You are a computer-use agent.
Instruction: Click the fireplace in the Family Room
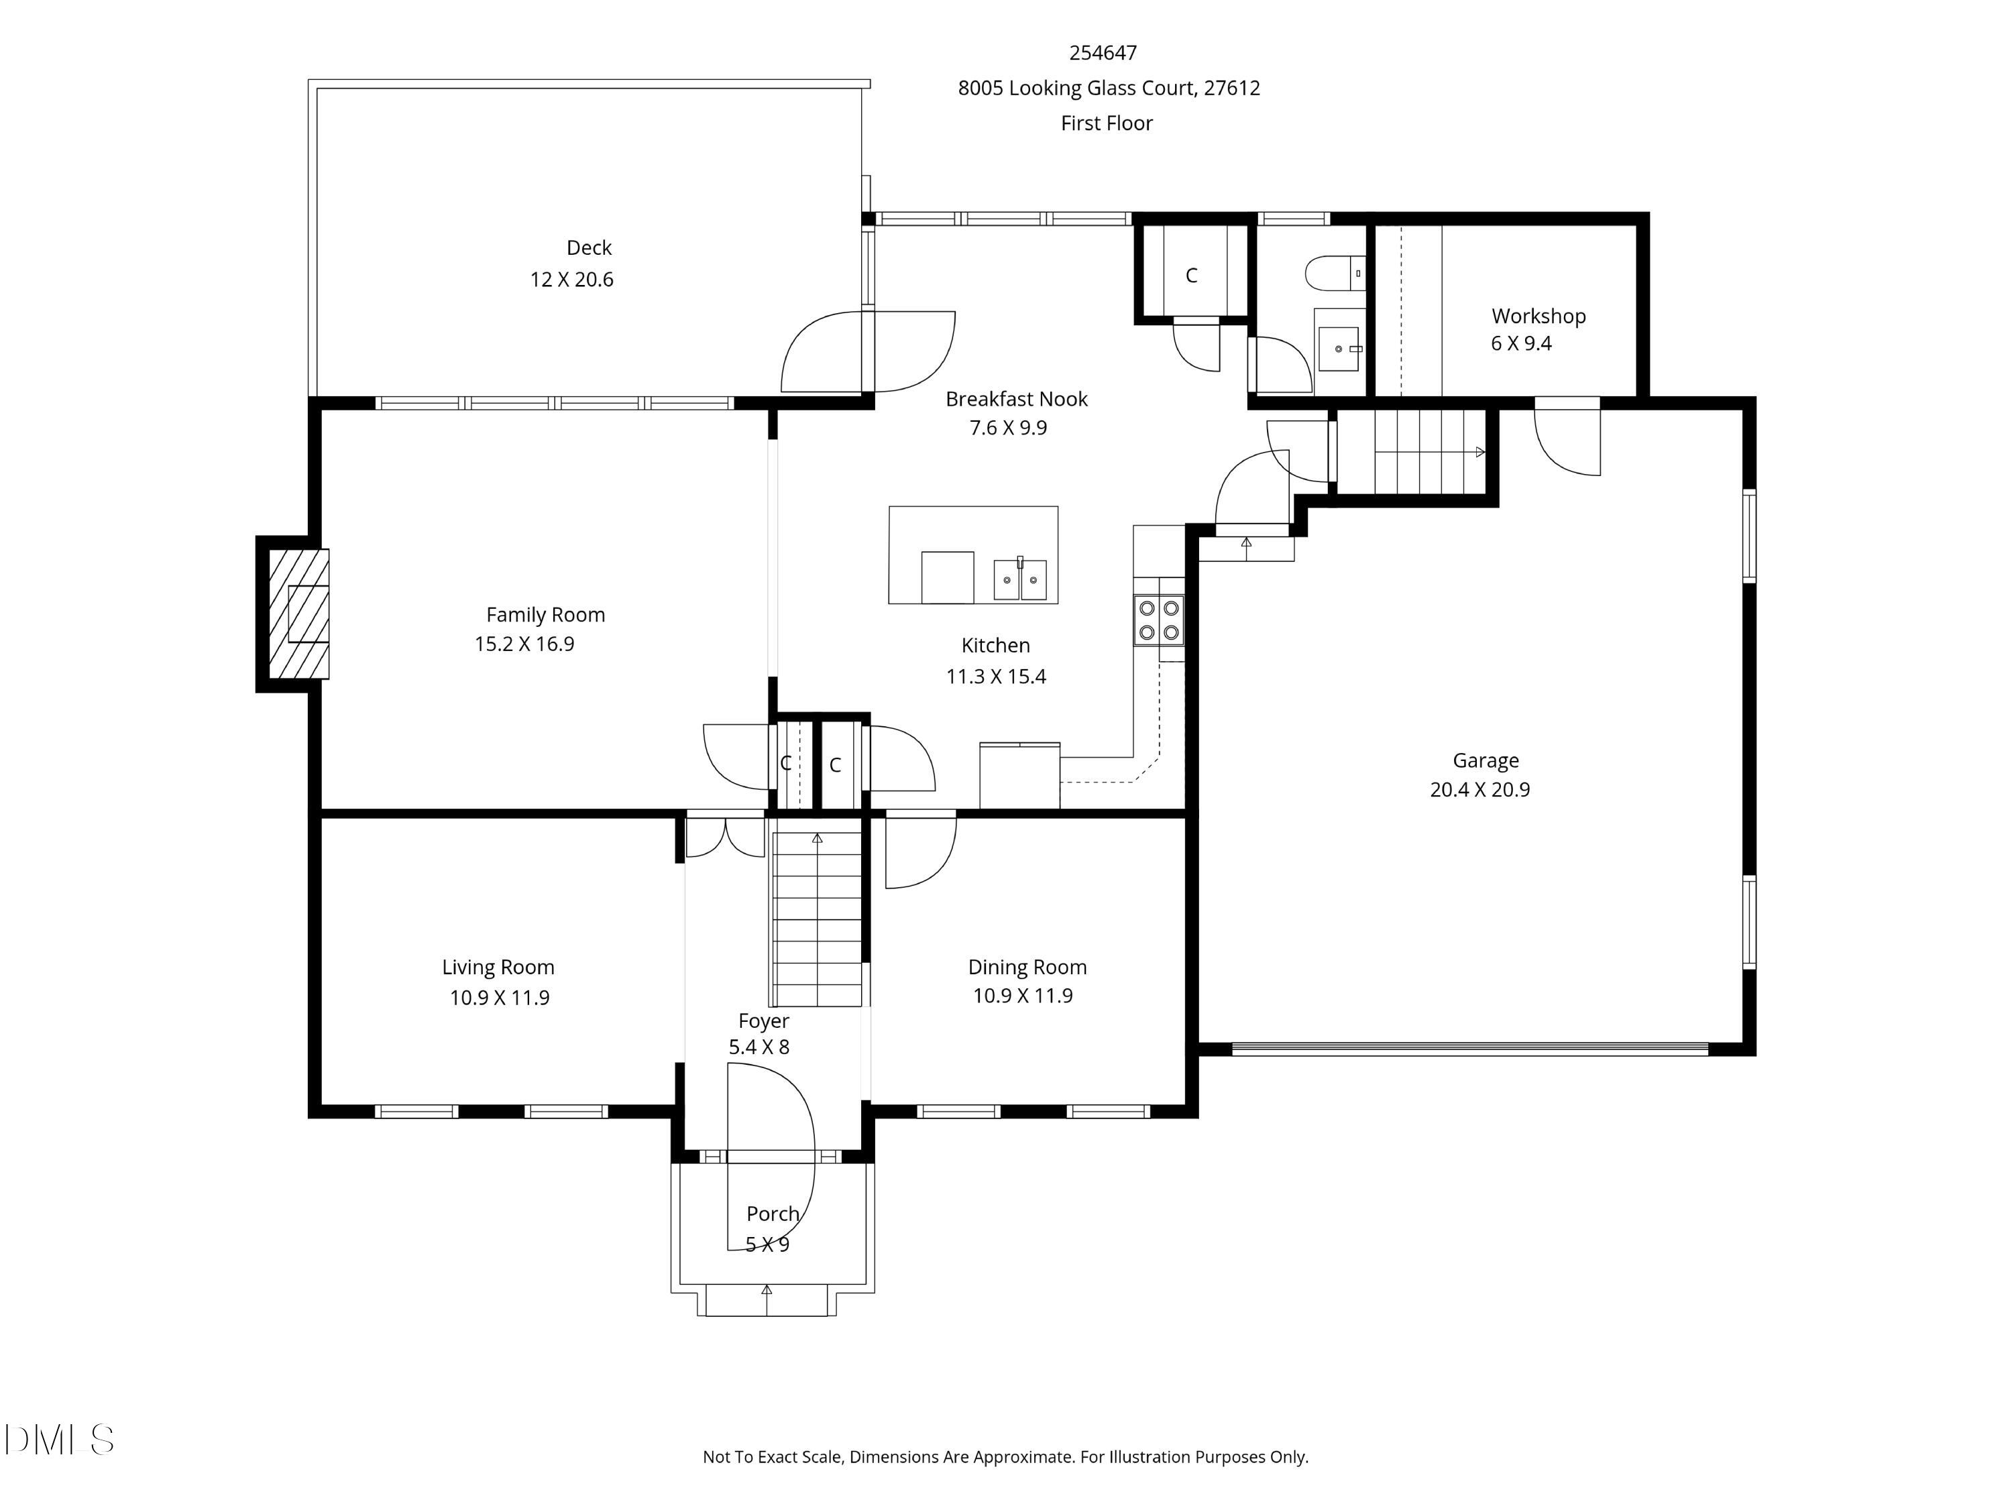(293, 614)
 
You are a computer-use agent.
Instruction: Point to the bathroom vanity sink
(1339, 349)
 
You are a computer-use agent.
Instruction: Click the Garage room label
(1486, 760)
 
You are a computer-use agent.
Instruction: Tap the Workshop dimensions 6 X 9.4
(1521, 344)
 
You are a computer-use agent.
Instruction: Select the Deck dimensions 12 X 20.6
(572, 279)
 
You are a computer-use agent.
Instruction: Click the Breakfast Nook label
(1016, 398)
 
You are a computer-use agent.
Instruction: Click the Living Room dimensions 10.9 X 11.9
(500, 998)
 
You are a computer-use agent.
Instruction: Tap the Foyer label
(763, 1021)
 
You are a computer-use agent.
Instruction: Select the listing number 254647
(1103, 53)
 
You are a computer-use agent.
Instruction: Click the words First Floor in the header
(1107, 123)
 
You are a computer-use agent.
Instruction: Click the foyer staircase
(817, 919)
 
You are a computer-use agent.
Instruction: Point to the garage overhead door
(1470, 1049)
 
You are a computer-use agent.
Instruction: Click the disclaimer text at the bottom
(1005, 1456)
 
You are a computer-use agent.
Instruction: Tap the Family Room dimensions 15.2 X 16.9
(525, 644)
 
